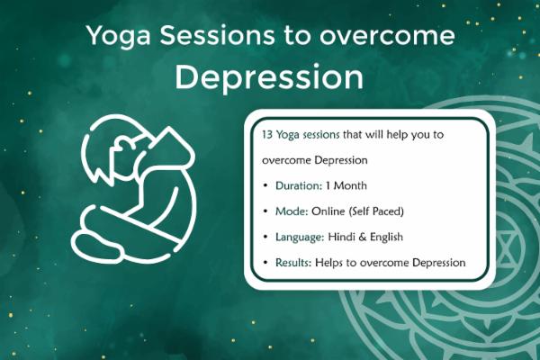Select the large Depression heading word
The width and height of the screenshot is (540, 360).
(x=269, y=77)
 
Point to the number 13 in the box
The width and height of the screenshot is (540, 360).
(x=257, y=133)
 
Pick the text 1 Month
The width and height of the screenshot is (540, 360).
(x=344, y=184)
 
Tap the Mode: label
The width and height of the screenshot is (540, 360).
(x=283, y=211)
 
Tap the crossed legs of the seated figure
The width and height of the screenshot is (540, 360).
(x=117, y=237)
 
